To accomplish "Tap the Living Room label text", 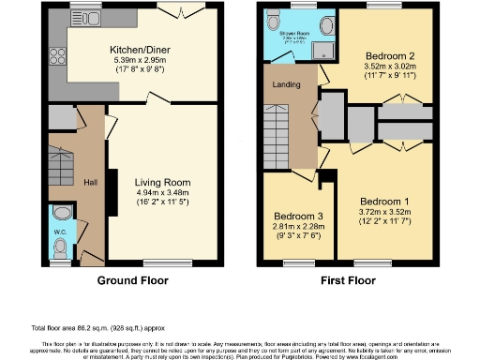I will coord(163,182).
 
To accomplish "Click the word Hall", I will coord(90,182).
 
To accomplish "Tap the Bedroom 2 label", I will coord(389,55).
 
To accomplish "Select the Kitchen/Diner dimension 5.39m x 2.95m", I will coord(133,61).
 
